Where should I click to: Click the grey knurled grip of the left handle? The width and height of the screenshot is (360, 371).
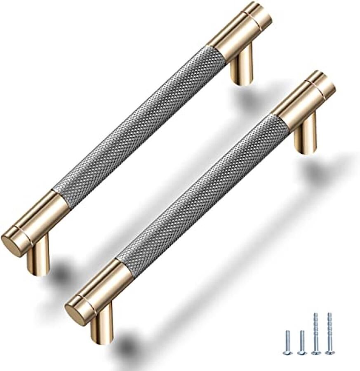[x=140, y=124]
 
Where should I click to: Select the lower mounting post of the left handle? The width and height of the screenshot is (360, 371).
[x=39, y=257]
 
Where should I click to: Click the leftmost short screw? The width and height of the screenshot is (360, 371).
[x=288, y=342]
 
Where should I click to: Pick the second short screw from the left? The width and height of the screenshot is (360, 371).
[x=301, y=342]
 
